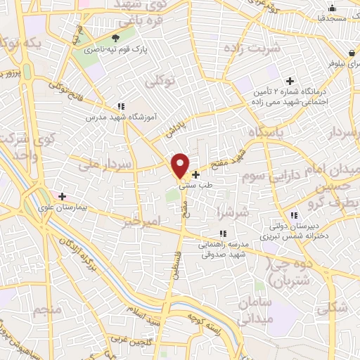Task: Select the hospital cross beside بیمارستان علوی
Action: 63,196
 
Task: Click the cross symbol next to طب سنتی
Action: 195,173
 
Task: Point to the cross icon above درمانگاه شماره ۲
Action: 290,81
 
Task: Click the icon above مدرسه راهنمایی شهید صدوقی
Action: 223,233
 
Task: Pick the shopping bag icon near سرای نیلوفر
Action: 350,53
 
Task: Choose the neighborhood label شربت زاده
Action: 252,49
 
